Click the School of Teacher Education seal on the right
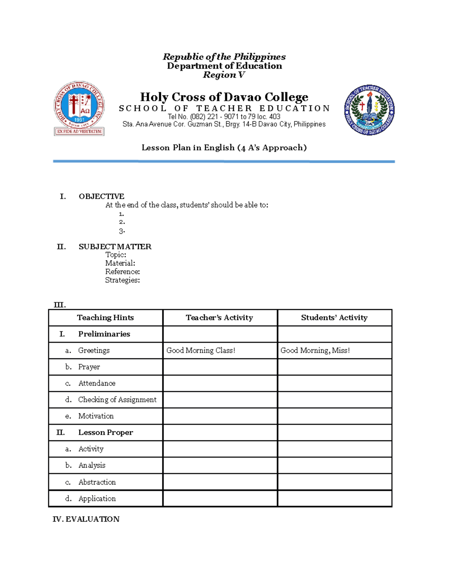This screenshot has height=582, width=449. (369, 110)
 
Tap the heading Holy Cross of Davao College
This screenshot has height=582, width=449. (224, 97)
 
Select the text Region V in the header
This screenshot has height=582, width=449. (224, 75)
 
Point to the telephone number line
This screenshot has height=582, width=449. (224, 117)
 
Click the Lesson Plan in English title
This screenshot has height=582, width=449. (224, 148)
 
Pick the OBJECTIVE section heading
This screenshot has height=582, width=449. (101, 196)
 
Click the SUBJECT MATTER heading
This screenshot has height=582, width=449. (115, 247)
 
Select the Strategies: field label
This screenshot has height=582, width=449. (122, 280)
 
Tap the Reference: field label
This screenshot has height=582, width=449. (122, 271)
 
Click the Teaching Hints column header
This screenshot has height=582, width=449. (105, 317)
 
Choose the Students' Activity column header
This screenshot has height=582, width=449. (334, 317)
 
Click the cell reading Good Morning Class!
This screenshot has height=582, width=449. (201, 350)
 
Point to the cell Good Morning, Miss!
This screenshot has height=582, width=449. (315, 350)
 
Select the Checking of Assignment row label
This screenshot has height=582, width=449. (117, 399)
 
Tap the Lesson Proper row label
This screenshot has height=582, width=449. (106, 432)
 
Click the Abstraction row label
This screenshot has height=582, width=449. (97, 482)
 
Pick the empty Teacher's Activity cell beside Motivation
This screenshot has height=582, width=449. (220, 416)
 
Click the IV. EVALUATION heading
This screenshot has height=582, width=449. (86, 519)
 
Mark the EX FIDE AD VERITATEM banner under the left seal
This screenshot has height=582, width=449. (79, 132)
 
